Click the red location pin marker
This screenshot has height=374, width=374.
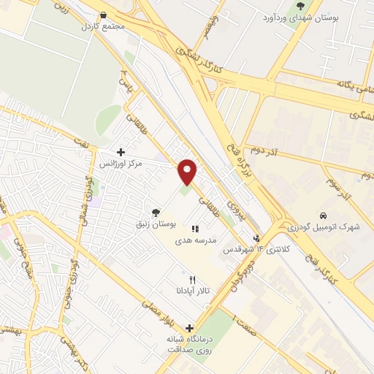coord(188,172)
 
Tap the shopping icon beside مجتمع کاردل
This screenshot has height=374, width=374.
coord(103,15)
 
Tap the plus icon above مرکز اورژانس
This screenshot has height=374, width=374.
coord(121,152)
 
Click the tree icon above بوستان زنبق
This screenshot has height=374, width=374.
coord(154,213)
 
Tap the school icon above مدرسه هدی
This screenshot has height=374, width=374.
coord(195,229)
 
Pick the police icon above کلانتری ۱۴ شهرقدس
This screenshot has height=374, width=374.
coord(256,237)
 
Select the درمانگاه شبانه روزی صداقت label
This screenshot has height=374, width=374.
coord(190,344)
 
